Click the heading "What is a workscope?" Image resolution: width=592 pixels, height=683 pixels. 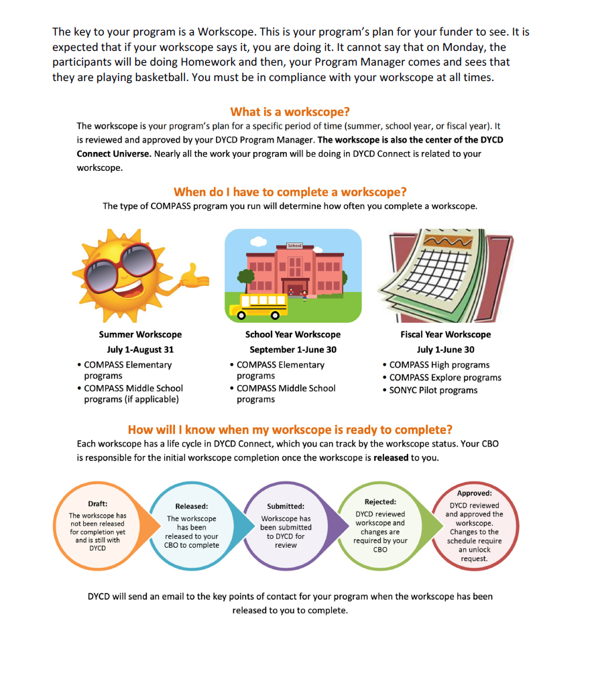coord(290,112)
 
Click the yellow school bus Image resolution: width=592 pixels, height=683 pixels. coord(259,305)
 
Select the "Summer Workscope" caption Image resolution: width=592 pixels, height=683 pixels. coord(140,334)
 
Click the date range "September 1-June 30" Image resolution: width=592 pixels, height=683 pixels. coord(293,350)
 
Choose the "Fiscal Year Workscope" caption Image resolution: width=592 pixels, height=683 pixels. coord(445,334)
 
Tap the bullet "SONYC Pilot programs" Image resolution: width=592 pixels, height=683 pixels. coord(433,390)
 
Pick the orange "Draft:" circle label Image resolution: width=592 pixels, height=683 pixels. coord(98,504)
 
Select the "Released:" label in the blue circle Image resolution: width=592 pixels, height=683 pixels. coord(192,506)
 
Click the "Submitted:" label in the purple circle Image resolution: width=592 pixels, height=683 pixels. coord(286,506)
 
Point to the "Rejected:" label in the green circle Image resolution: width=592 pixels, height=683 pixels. coord(380,502)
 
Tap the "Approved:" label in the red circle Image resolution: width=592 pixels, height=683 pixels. coord(474,494)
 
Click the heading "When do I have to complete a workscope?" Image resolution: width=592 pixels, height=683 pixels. coord(290,192)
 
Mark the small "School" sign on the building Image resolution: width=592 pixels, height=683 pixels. coord(294,246)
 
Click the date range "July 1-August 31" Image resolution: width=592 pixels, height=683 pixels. coord(140,350)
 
